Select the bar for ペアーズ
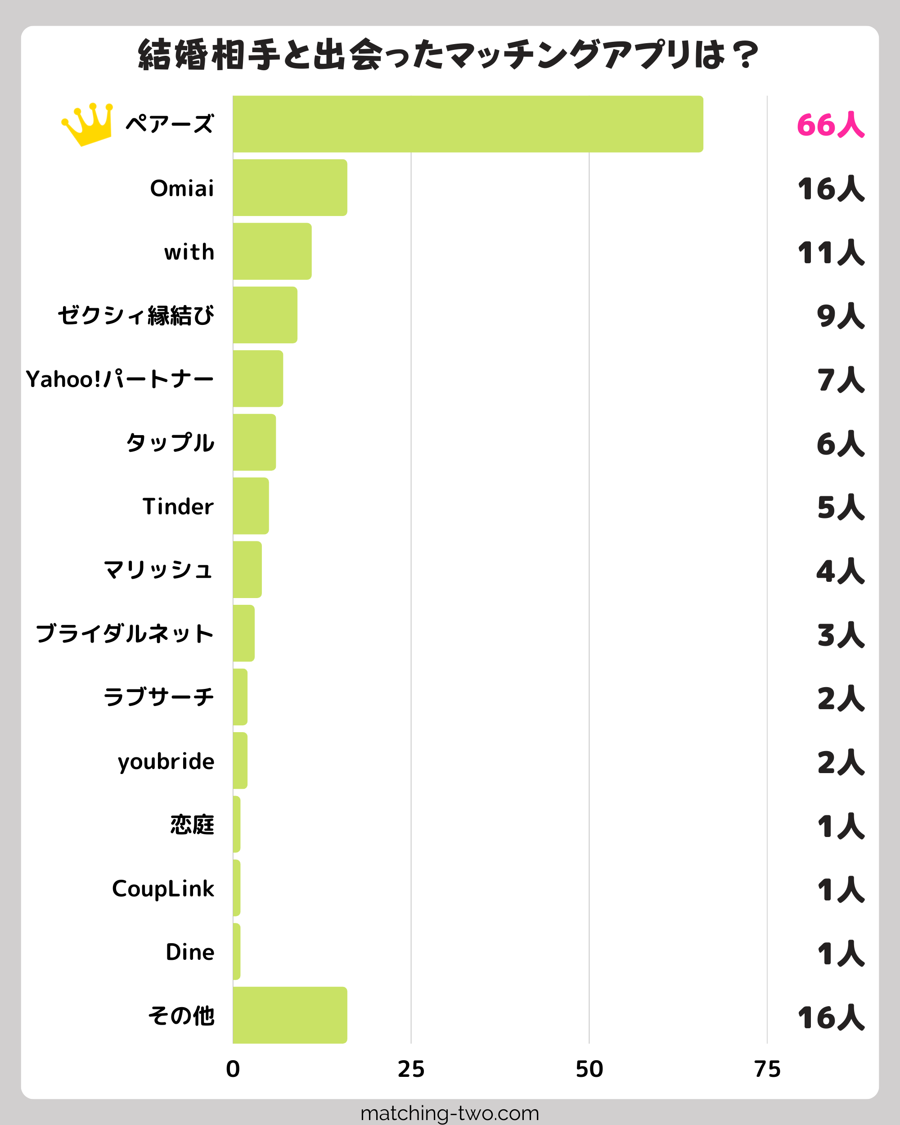[468, 124]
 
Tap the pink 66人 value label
[831, 125]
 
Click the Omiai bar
[290, 188]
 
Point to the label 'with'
[189, 252]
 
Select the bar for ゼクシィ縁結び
[265, 315]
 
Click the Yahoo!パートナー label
[120, 379]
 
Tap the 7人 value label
[841, 380]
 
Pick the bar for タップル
[255, 442]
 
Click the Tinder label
[178, 507]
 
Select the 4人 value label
[840, 571]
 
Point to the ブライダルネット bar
[243, 634]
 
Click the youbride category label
[166, 762]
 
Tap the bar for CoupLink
[237, 888]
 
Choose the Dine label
[190, 952]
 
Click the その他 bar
[290, 1015]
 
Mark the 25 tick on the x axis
[411, 1070]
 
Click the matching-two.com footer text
[450, 1113]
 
